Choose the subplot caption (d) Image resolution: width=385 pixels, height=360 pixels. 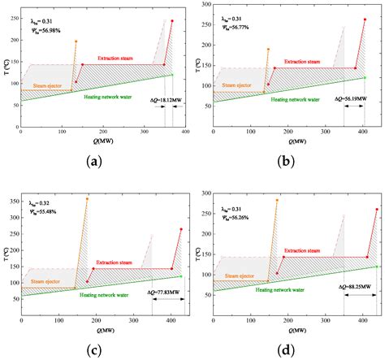click(x=287, y=350)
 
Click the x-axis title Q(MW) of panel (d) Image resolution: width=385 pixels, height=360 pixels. click(x=287, y=332)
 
